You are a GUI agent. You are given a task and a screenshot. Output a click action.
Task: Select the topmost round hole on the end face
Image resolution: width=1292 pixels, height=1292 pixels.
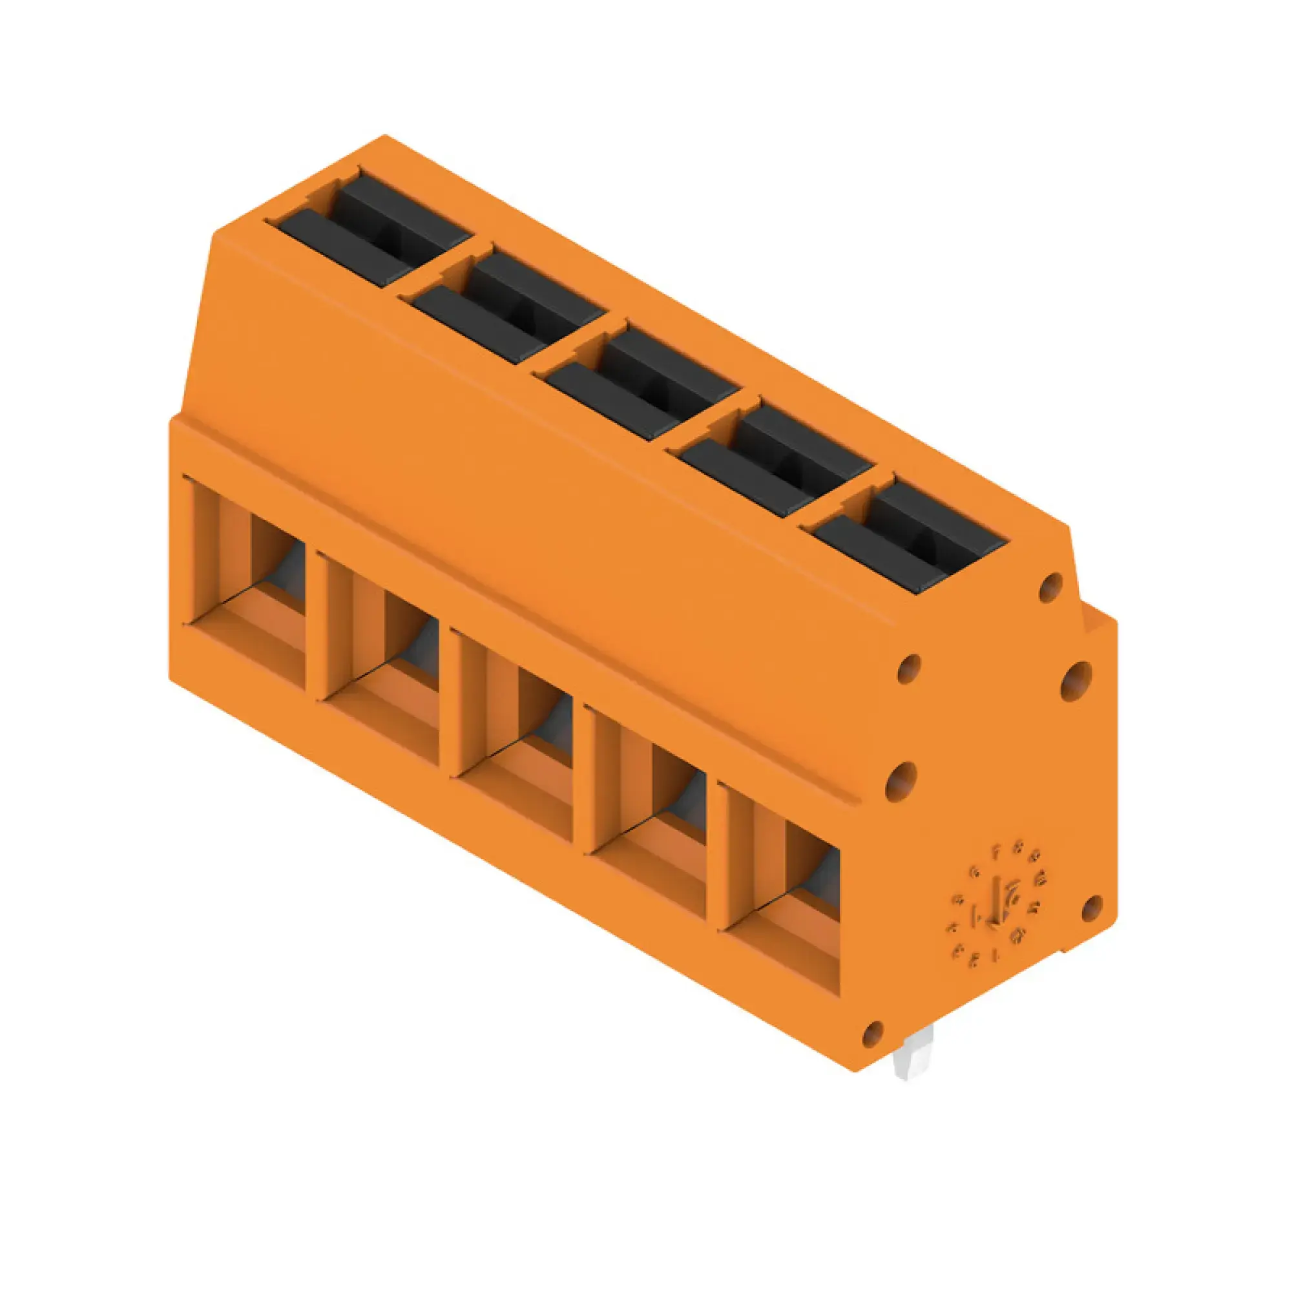point(1050,587)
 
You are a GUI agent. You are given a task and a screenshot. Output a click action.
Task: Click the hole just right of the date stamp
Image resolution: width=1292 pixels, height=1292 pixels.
point(1091,908)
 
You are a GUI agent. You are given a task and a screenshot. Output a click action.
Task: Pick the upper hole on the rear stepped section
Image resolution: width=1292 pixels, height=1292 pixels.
point(1076,681)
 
